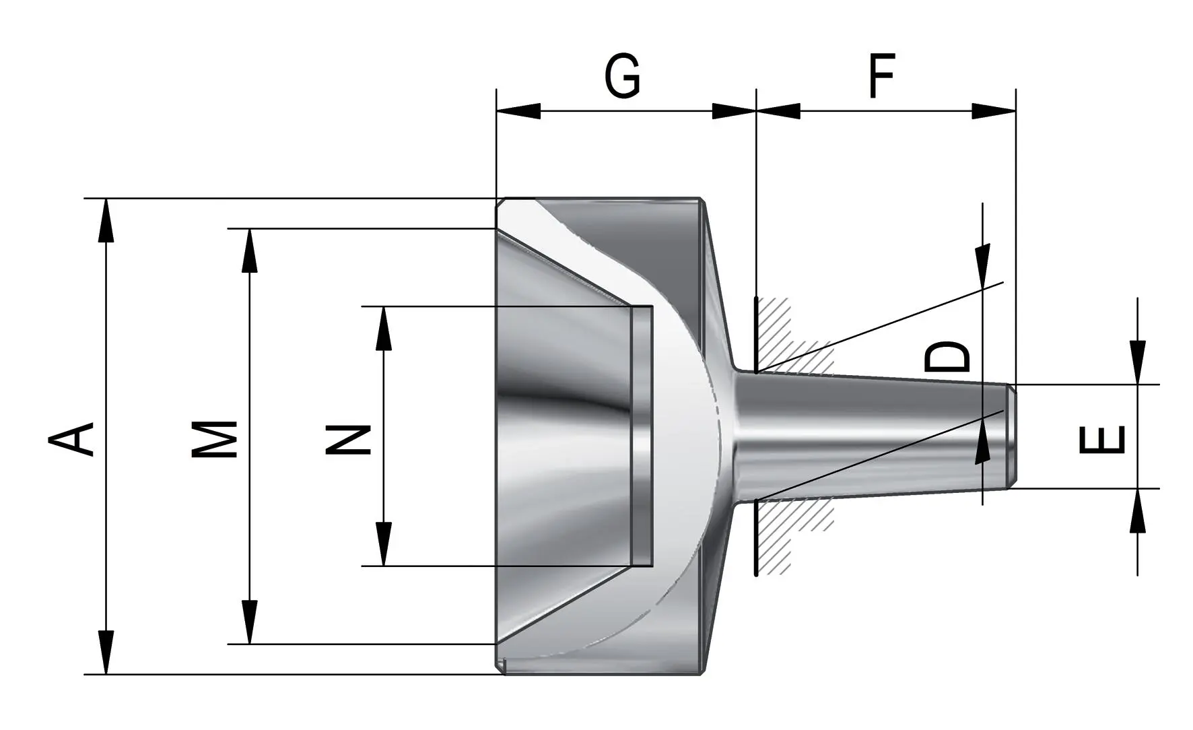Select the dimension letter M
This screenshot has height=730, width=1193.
(x=215, y=439)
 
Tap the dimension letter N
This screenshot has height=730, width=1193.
(x=349, y=440)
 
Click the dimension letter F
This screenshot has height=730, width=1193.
(x=882, y=76)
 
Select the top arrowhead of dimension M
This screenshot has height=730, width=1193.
(x=250, y=251)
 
